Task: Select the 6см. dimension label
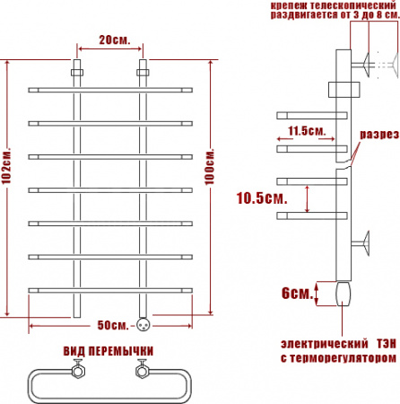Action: pyautogui.click(x=297, y=294)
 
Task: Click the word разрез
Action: pyautogui.click(x=378, y=136)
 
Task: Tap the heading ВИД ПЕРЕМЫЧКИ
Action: pyautogui.click(x=109, y=350)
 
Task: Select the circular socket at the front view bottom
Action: pyautogui.click(x=142, y=323)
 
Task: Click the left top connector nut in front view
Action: pyautogui.click(x=77, y=69)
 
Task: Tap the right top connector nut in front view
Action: pyautogui.click(x=142, y=69)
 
